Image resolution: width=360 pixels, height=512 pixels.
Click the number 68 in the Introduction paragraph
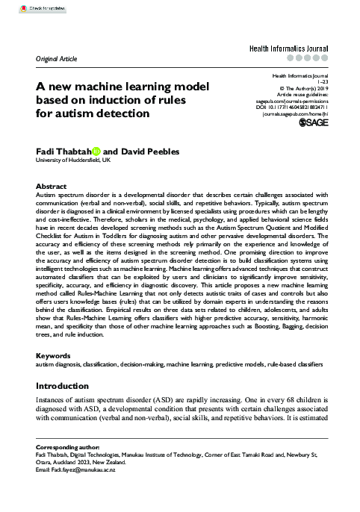279,401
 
